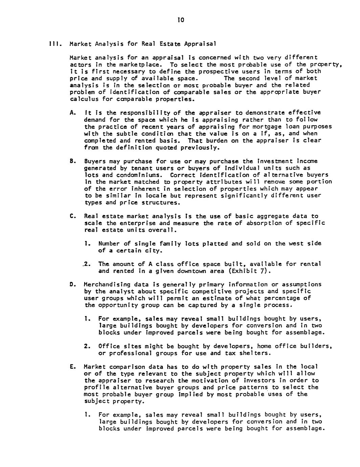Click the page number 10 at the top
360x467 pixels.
[180, 21]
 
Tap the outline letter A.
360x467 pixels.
[72, 112]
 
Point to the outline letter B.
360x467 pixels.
[72, 161]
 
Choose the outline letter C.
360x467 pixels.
[72, 216]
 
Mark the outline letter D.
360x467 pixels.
[72, 284]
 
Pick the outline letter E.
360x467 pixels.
[72, 366]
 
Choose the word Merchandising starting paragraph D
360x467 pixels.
[105, 284]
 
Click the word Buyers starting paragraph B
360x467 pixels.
[94, 161]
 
